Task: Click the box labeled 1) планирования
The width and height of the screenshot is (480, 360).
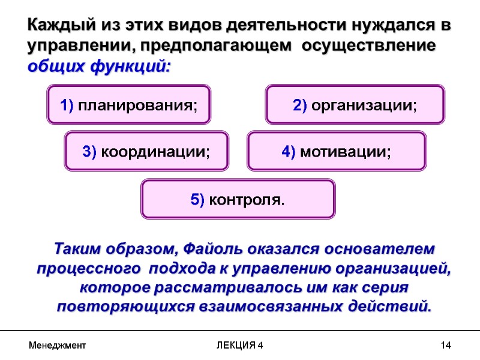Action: pyautogui.click(x=128, y=105)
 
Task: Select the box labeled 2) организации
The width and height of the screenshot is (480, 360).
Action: pyautogui.click(x=355, y=105)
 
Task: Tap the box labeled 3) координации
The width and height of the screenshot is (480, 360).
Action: pyautogui.click(x=146, y=151)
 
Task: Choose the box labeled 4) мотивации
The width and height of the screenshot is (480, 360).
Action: pyautogui.click(x=336, y=151)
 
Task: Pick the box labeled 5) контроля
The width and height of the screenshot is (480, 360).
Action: pyautogui.click(x=238, y=199)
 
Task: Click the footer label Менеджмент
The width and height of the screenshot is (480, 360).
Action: pyautogui.click(x=57, y=346)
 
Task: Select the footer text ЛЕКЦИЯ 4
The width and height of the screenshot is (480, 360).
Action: pyautogui.click(x=239, y=346)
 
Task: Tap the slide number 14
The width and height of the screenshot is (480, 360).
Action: pyautogui.click(x=445, y=346)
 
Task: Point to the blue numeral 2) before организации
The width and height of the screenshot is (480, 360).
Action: pyautogui.click(x=300, y=106)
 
